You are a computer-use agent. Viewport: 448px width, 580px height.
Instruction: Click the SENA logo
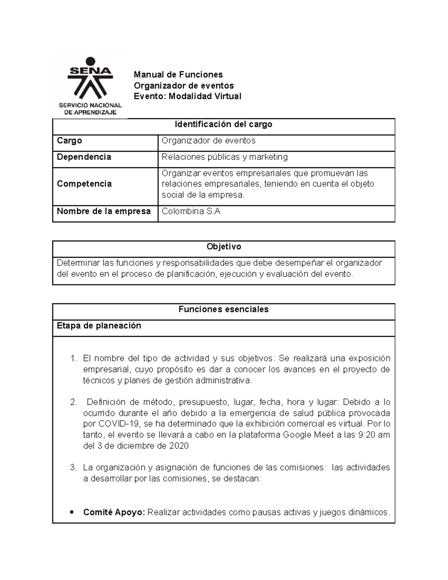(90, 80)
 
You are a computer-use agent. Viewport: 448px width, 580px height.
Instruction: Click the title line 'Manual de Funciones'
(178, 75)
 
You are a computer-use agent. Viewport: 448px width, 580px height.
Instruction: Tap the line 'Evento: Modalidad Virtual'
(187, 96)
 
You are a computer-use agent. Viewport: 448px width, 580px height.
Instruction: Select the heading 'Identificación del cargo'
(224, 124)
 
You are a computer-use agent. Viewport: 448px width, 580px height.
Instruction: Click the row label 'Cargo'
(69, 141)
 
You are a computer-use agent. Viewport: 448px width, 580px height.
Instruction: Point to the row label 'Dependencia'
(84, 157)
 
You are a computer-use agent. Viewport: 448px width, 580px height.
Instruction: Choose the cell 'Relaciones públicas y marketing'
(224, 157)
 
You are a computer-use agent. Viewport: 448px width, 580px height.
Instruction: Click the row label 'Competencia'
(84, 184)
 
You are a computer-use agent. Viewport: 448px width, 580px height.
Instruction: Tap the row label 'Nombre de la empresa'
(104, 211)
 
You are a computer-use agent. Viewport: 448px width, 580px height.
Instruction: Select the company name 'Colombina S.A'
(191, 211)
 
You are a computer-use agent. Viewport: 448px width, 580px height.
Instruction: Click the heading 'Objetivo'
(224, 246)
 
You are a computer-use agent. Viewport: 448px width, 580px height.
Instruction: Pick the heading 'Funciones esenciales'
(224, 309)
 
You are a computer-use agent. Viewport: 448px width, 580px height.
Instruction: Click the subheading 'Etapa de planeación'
(99, 326)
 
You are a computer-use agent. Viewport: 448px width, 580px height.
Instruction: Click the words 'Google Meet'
(308, 435)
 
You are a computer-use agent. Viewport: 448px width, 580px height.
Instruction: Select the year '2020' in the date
(179, 446)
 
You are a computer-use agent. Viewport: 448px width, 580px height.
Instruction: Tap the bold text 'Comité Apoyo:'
(114, 512)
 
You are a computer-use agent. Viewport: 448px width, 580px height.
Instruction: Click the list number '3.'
(74, 468)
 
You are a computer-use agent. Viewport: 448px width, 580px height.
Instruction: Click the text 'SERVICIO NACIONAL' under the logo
(90, 105)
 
